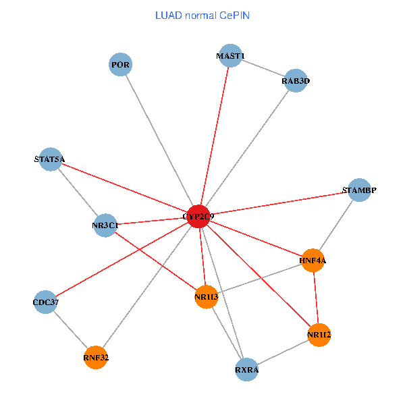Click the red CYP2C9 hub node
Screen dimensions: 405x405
click(198, 216)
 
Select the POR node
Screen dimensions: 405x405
click(120, 65)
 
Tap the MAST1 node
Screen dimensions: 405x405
click(230, 56)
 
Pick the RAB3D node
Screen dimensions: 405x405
click(296, 81)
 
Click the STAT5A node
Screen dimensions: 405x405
click(50, 160)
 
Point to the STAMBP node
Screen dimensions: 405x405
click(359, 190)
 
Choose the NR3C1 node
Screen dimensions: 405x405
click(105, 225)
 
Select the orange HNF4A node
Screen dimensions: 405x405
click(313, 260)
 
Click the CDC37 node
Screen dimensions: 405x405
click(46, 302)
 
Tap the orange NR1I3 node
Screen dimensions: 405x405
click(206, 297)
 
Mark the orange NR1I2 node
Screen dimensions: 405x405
click(319, 334)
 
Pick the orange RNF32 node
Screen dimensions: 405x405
click(96, 357)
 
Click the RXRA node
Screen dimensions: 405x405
click(247, 370)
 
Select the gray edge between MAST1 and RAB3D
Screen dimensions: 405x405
click(263, 69)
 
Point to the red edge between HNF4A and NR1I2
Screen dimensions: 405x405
click(316, 297)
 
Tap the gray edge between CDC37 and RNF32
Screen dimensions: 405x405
click(71, 329)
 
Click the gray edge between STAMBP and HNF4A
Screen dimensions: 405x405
click(336, 225)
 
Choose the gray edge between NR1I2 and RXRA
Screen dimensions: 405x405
click(283, 352)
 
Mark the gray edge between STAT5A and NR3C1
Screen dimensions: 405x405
click(78, 193)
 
